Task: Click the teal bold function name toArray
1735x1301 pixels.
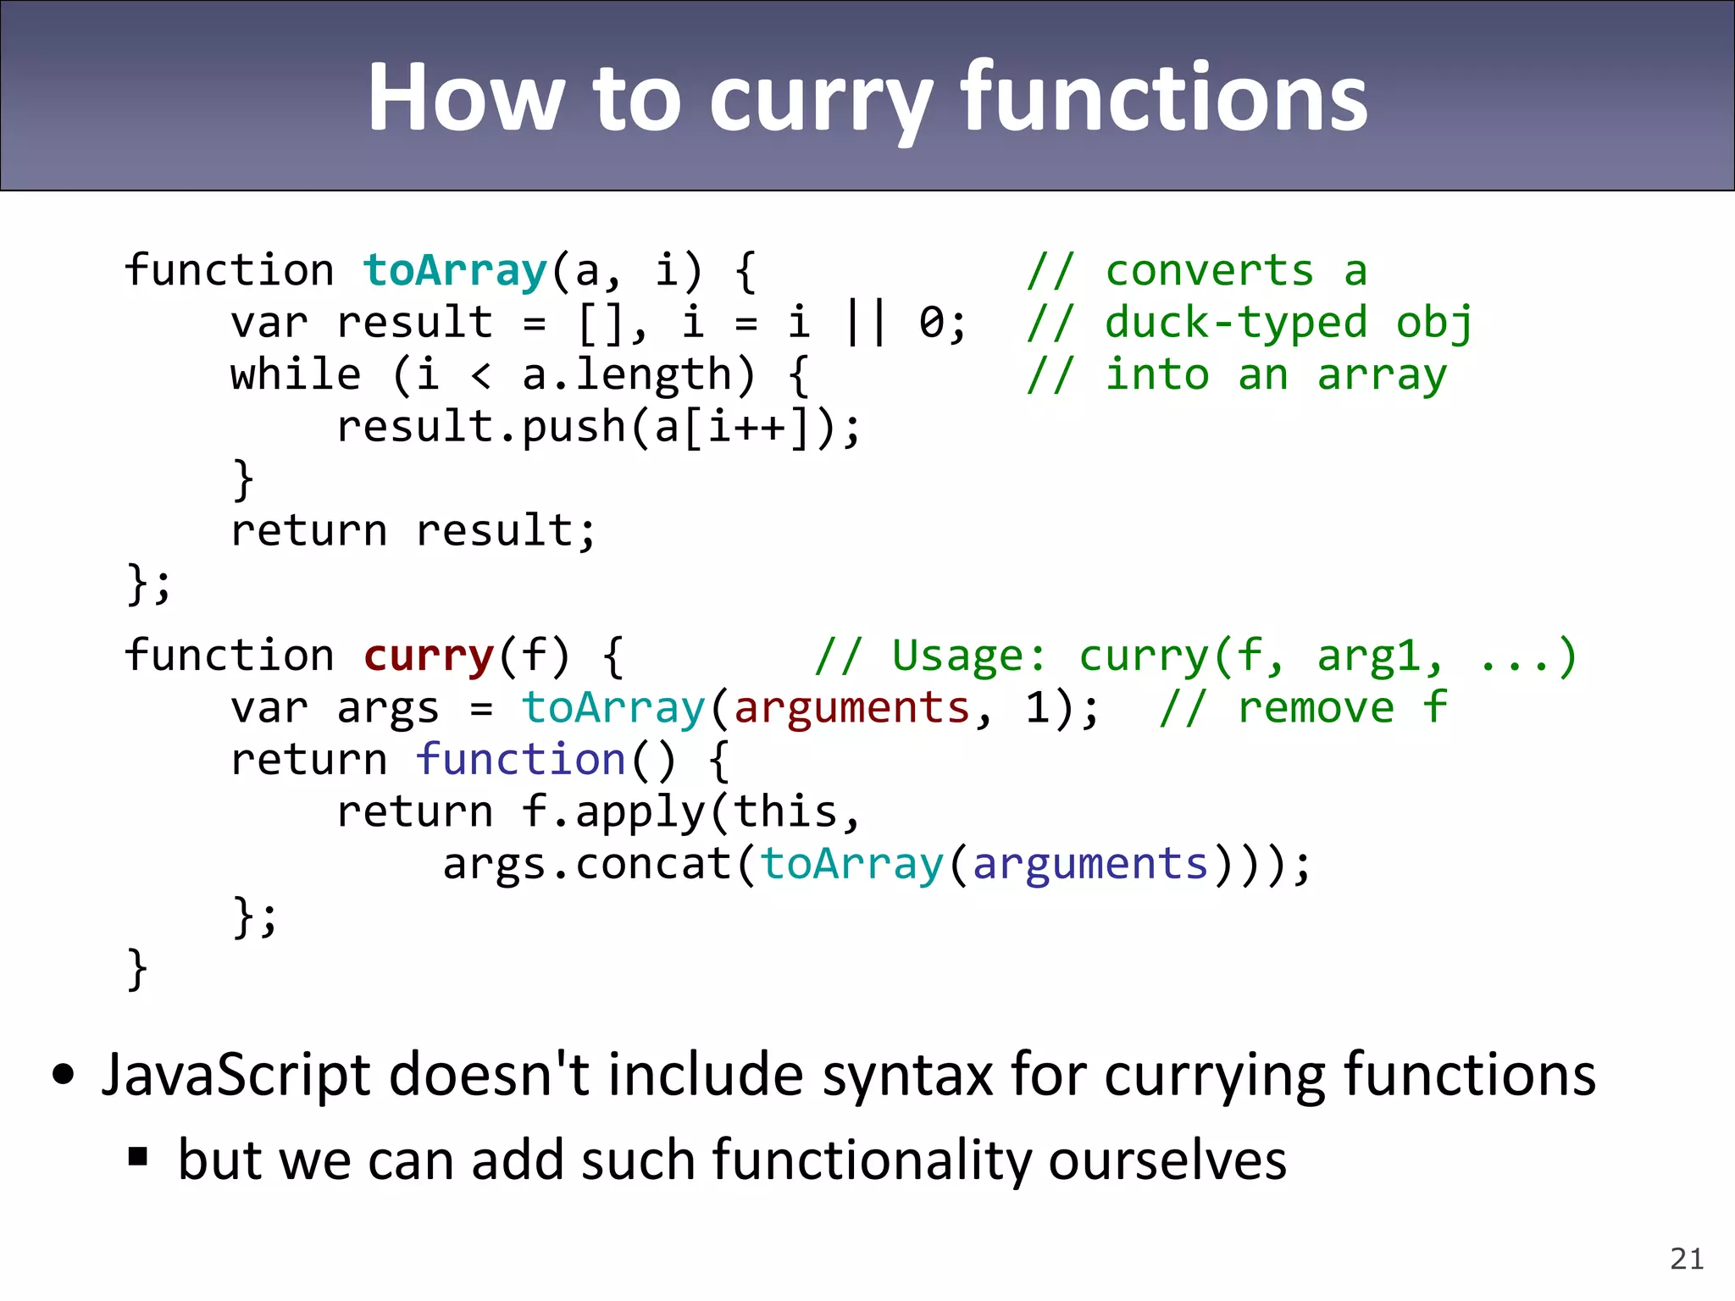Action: [x=455, y=271]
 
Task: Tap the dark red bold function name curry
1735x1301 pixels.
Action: [x=428, y=656]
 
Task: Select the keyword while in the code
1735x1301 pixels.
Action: [x=296, y=375]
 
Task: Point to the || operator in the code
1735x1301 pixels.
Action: [x=866, y=323]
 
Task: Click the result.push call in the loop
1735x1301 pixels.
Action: [x=480, y=427]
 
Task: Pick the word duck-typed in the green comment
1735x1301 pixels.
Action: [x=1236, y=324]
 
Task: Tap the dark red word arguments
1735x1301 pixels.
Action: [x=851, y=708]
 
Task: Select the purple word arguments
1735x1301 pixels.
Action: [x=1089, y=864]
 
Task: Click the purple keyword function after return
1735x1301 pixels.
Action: [x=520, y=760]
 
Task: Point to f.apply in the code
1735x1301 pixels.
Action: [x=613, y=812]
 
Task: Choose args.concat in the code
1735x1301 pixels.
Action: [x=586, y=864]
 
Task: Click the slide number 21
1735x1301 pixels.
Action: [x=1686, y=1259]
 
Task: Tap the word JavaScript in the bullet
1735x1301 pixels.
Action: [x=236, y=1076]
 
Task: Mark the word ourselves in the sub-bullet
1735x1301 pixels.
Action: [x=1167, y=1160]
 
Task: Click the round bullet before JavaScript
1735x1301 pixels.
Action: [x=64, y=1076]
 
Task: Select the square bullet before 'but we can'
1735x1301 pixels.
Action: [x=138, y=1156]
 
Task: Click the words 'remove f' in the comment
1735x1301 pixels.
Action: [x=1342, y=708]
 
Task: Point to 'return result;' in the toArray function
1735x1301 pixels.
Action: [x=413, y=531]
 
